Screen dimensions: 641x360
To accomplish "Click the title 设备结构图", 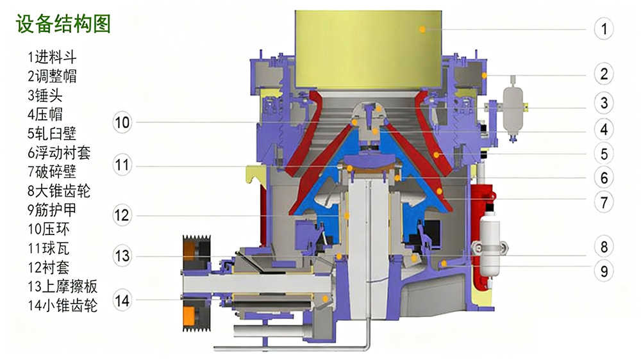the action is tap(63, 23).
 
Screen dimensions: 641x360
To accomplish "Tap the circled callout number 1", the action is tap(604, 29).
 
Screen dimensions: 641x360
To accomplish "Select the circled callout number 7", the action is tap(604, 202).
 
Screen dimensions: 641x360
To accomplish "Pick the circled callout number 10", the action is tap(122, 122).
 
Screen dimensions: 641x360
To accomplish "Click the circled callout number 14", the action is tap(122, 300).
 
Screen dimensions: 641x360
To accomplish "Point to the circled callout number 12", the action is tap(122, 215).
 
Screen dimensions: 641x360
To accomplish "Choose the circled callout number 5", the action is tap(604, 154).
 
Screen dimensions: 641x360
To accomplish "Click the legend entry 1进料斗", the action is tap(52, 57).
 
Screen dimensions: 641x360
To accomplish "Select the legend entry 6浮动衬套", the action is tap(59, 152).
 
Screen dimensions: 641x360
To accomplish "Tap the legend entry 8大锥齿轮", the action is tap(59, 191).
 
